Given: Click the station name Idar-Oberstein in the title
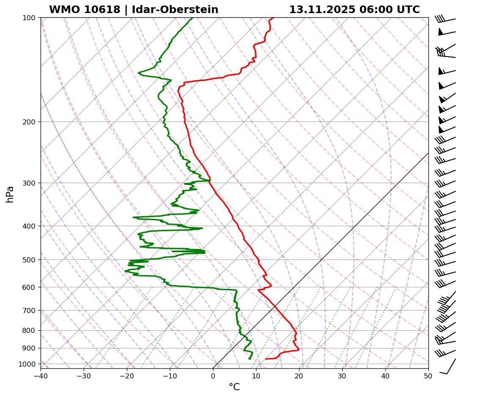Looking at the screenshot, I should point(175,10).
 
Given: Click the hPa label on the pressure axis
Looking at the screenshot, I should point(10,194).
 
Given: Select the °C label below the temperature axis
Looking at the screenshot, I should point(234,387).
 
